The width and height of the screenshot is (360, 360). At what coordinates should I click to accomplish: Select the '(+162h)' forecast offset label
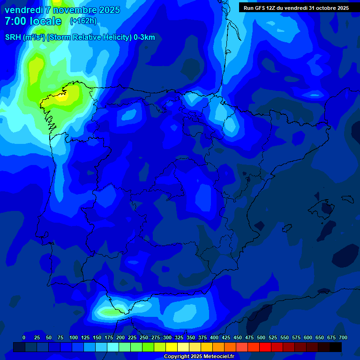(83, 21)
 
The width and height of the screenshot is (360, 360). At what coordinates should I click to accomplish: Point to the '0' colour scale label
(24, 337)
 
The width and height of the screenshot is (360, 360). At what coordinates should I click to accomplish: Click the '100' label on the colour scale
(74, 337)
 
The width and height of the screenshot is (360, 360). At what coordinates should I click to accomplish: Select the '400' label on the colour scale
(214, 337)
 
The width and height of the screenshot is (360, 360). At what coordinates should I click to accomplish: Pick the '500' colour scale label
(261, 337)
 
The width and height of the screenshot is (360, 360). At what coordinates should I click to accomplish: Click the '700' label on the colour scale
(343, 337)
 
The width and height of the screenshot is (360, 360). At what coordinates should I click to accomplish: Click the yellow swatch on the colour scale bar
(172, 347)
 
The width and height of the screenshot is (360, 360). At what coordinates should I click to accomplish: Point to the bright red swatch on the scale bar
(265, 347)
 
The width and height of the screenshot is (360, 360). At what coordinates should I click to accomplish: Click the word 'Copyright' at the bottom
(177, 357)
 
